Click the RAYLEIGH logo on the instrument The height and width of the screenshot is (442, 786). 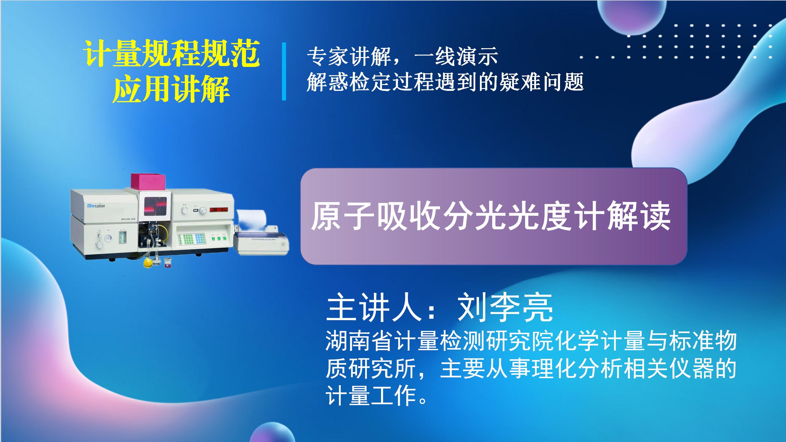96,205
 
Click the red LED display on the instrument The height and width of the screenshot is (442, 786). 219,210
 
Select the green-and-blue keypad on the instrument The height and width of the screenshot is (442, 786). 191,239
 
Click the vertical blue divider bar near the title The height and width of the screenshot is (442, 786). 284,72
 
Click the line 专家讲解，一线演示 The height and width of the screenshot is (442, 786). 403,57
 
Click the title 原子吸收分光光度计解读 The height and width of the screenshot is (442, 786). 491,216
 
